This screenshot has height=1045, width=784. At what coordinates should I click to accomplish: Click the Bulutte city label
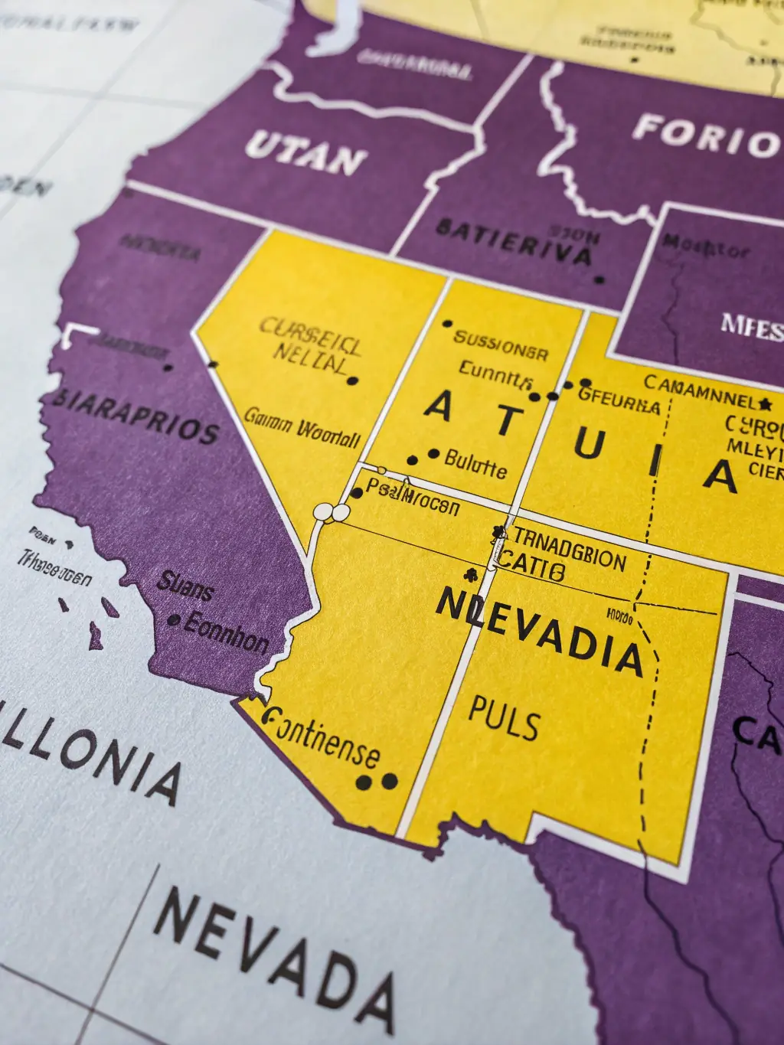pos(475,463)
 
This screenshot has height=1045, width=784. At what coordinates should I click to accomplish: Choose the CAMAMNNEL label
pos(699,390)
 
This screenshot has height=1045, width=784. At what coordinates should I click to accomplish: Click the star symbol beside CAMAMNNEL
pos(765,403)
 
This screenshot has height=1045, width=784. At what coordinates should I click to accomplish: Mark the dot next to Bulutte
pos(434,454)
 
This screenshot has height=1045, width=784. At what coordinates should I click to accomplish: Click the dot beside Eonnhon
pos(174,620)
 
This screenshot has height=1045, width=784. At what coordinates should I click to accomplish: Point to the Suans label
pos(185,586)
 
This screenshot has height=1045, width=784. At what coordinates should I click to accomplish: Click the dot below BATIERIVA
pos(599,279)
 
